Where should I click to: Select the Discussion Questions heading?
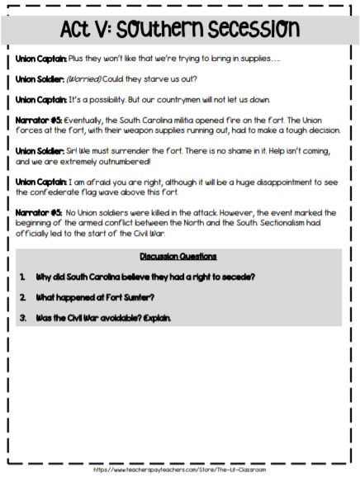178,256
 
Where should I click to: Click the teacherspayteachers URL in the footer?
180,470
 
